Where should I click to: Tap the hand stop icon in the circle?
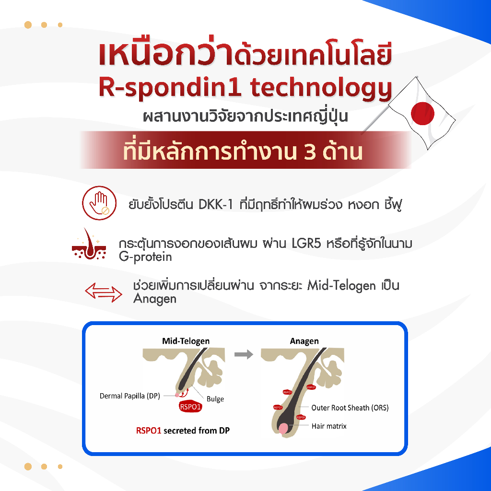click(x=99, y=204)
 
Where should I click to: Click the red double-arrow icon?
click(x=103, y=292)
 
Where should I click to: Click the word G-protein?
click(x=145, y=257)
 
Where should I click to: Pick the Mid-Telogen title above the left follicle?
click(x=186, y=341)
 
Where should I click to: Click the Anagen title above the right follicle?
click(x=304, y=341)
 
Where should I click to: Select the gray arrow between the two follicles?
click(x=244, y=355)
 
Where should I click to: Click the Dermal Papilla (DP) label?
click(x=129, y=396)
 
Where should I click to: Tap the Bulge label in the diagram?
click(x=215, y=399)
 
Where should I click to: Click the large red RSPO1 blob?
click(x=189, y=408)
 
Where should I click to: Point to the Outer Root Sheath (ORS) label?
click(x=350, y=408)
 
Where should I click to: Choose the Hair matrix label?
click(x=329, y=425)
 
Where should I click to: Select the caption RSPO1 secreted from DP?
click(x=182, y=431)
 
